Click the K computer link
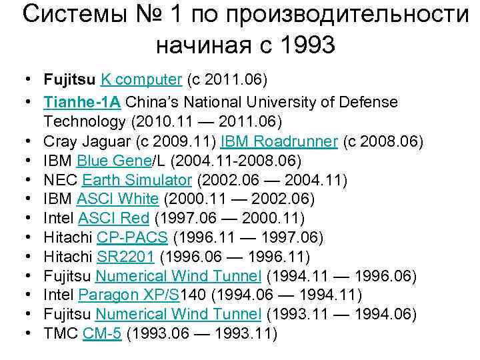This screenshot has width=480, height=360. pos(141,81)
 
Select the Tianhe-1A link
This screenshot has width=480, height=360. pos(83,103)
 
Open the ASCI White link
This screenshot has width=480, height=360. pos(117,199)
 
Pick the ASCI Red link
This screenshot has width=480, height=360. pos(115,218)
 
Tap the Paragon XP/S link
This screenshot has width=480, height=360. pos(129,295)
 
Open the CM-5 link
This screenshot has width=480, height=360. pos(102,334)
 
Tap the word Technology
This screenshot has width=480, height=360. pos(83,122)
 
